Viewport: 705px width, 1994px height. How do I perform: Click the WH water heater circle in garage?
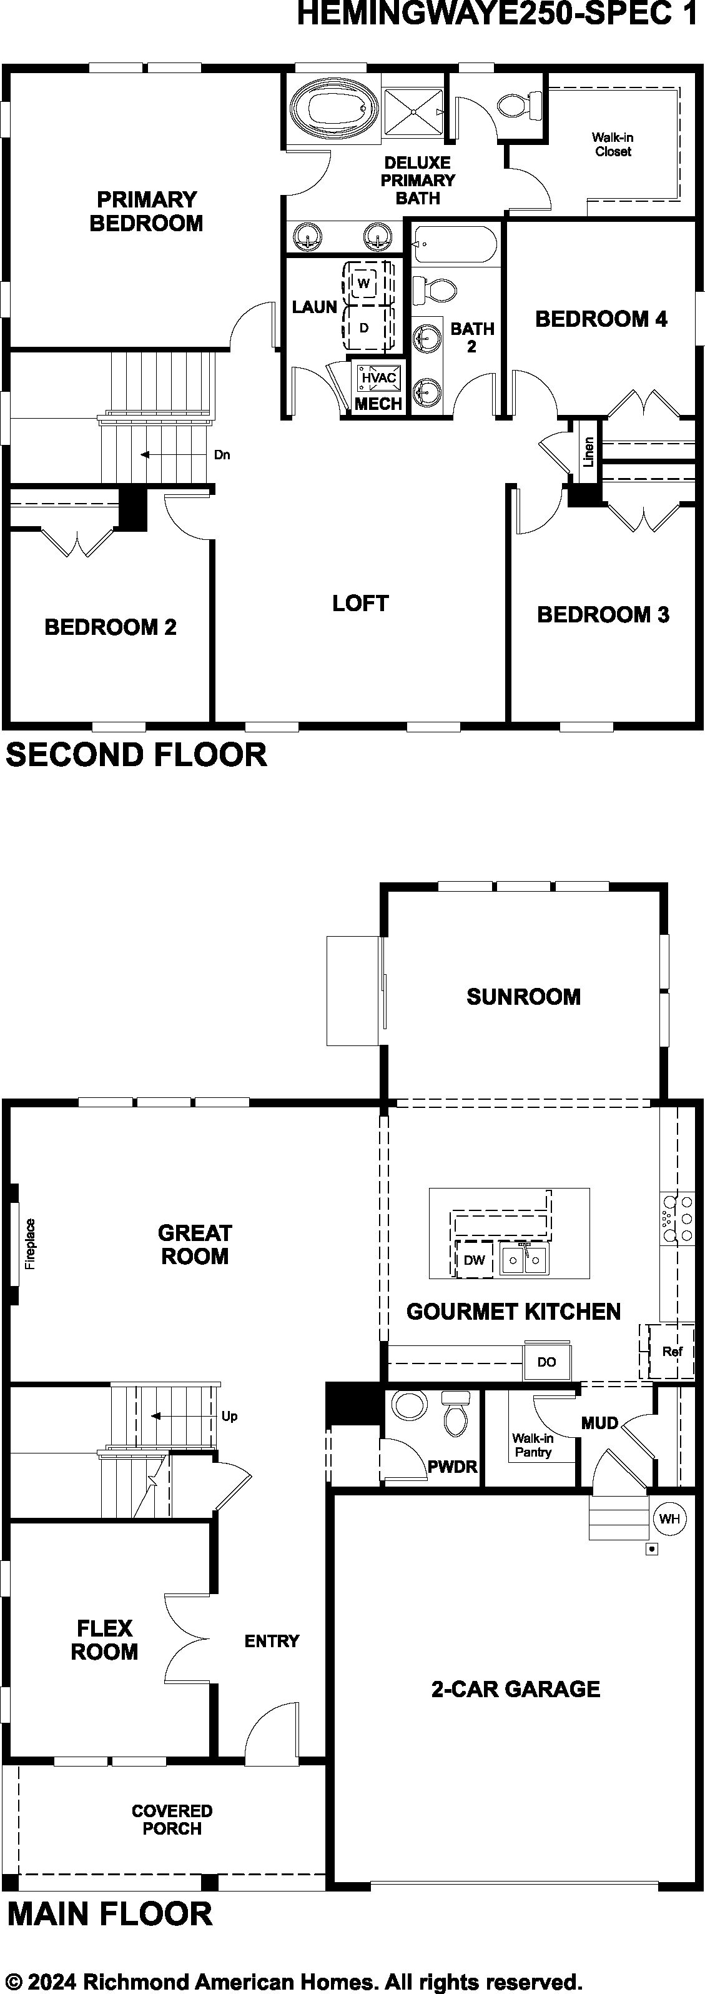(x=669, y=1518)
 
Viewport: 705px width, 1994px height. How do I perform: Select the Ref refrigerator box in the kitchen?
(x=671, y=1351)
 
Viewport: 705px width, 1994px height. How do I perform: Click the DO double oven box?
(x=547, y=1362)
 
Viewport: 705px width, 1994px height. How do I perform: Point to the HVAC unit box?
(x=378, y=378)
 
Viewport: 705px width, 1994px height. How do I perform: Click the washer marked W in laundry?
(x=363, y=282)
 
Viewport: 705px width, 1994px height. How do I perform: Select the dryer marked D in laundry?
(x=363, y=327)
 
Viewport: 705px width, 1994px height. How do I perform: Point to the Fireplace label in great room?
(x=30, y=1245)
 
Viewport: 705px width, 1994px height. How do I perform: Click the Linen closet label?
(x=588, y=452)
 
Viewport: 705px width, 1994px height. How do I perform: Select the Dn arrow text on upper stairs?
(x=222, y=454)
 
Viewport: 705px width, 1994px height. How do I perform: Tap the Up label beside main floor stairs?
(x=230, y=1416)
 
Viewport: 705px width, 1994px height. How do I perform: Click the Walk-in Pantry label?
(x=533, y=1445)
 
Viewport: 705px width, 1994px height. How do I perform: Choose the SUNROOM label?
(x=523, y=996)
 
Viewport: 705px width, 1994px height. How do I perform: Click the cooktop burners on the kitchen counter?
(x=676, y=1219)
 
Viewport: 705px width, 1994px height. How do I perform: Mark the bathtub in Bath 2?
(x=455, y=244)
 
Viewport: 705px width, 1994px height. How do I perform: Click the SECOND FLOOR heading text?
(x=136, y=755)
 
